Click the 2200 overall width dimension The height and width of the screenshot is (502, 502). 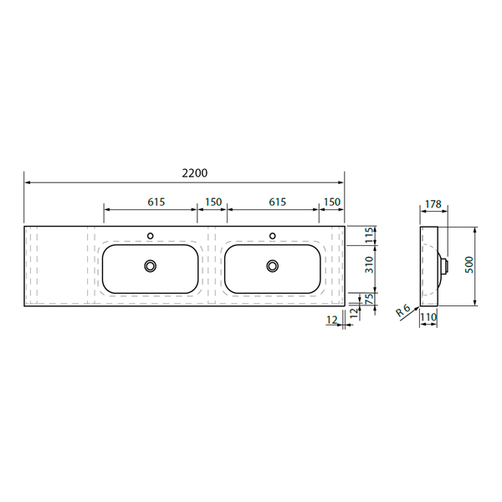click(x=195, y=173)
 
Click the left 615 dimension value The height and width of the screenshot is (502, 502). click(x=156, y=202)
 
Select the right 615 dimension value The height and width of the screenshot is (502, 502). click(x=277, y=202)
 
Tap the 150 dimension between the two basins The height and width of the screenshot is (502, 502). click(x=213, y=202)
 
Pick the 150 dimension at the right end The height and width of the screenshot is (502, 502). click(x=332, y=202)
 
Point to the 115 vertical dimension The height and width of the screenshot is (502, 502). click(x=369, y=235)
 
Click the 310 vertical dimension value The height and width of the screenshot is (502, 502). click(x=369, y=264)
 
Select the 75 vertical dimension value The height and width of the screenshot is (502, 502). click(x=369, y=299)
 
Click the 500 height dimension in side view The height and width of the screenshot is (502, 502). click(x=469, y=264)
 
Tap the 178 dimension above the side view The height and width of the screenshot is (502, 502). click(x=433, y=204)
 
